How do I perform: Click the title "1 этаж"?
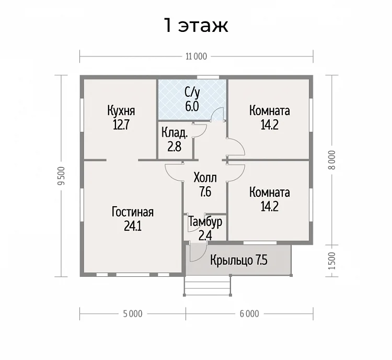pyautogui.click(x=196, y=25)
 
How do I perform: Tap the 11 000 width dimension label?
pyautogui.click(x=196, y=57)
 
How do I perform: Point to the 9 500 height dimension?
pyautogui.click(x=61, y=176)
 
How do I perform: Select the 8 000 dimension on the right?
pyautogui.click(x=332, y=160)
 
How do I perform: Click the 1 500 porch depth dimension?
pyautogui.click(x=332, y=261)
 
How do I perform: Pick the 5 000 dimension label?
pyautogui.click(x=133, y=313)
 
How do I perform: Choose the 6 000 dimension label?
pyautogui.click(x=249, y=313)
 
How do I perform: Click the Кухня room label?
pyautogui.click(x=121, y=110)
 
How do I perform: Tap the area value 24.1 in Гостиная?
pyautogui.click(x=133, y=227)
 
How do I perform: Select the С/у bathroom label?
pyautogui.click(x=192, y=93)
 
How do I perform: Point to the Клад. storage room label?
pyautogui.click(x=175, y=133)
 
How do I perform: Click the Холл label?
pyautogui.click(x=205, y=178)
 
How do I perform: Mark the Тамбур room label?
pyautogui.click(x=205, y=222)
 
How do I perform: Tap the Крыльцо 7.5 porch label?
pyautogui.click(x=239, y=260)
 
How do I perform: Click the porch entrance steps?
pyautogui.click(x=207, y=285)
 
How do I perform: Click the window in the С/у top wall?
pyautogui.click(x=208, y=77)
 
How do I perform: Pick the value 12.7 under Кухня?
pyautogui.click(x=121, y=125)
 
